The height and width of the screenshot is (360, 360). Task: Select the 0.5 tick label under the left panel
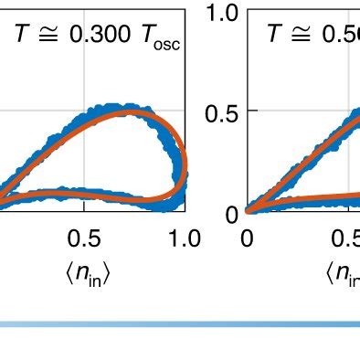(84, 239)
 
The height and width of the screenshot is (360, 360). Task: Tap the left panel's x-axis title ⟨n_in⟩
(88, 273)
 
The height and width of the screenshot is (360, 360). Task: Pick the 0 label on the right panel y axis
(232, 213)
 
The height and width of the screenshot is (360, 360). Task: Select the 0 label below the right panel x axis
(248, 239)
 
